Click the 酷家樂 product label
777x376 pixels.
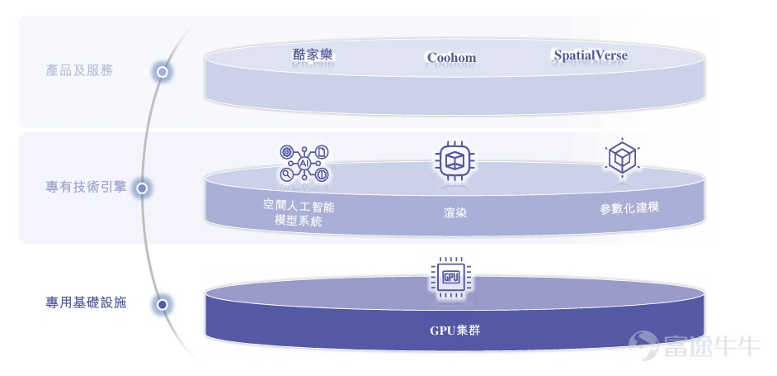pos(312,55)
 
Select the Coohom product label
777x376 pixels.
pos(451,58)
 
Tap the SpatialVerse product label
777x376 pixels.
pos(591,55)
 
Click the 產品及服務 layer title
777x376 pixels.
pos(79,70)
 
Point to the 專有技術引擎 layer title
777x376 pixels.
pos(87,187)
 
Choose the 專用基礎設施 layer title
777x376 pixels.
pos(87,302)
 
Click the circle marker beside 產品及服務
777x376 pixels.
pos(162,73)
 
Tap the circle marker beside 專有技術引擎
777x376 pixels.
pos(142,188)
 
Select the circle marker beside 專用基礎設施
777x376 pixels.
pos(162,304)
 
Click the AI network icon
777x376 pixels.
pos(304,163)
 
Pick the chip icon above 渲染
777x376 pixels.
pos(454,160)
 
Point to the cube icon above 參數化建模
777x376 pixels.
pos(622,158)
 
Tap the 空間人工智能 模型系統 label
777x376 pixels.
pos(299,213)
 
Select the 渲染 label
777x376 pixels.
pos(455,213)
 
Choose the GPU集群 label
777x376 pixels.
pos(455,331)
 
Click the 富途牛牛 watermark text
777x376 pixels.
pos(711,345)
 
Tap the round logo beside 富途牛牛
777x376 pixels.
pos(643,345)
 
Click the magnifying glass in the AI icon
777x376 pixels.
pos(286,174)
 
